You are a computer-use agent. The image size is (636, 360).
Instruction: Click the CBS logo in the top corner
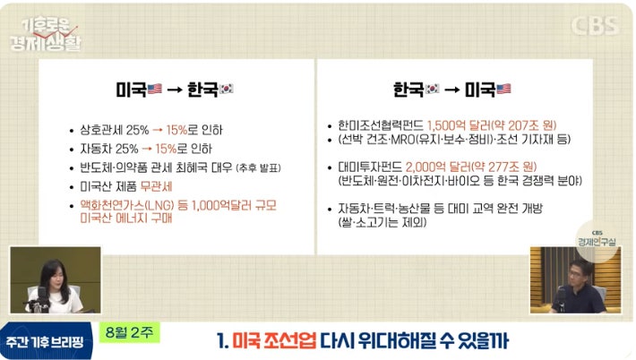point(595,26)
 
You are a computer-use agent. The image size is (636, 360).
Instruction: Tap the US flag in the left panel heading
point(155,89)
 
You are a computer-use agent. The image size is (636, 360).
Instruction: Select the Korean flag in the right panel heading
point(432,89)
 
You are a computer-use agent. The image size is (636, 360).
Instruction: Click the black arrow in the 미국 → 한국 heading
point(175,90)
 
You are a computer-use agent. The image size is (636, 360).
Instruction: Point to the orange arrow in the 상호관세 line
point(158,130)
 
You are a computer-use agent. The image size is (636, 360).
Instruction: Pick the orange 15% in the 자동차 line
point(166,149)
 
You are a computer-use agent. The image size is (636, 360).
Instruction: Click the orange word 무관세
point(156,186)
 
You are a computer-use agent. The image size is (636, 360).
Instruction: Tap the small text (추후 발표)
point(258,167)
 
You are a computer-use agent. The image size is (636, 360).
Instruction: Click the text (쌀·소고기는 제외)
point(382,222)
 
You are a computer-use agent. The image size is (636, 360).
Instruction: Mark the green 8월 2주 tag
point(129,332)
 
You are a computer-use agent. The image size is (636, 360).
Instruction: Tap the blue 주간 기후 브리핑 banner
point(45,342)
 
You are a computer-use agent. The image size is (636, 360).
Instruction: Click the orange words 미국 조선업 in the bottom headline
point(274,340)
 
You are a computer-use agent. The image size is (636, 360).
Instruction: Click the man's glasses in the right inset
point(576,274)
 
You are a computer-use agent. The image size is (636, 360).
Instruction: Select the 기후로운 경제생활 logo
point(46,35)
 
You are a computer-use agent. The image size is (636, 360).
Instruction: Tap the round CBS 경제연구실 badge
point(597,240)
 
